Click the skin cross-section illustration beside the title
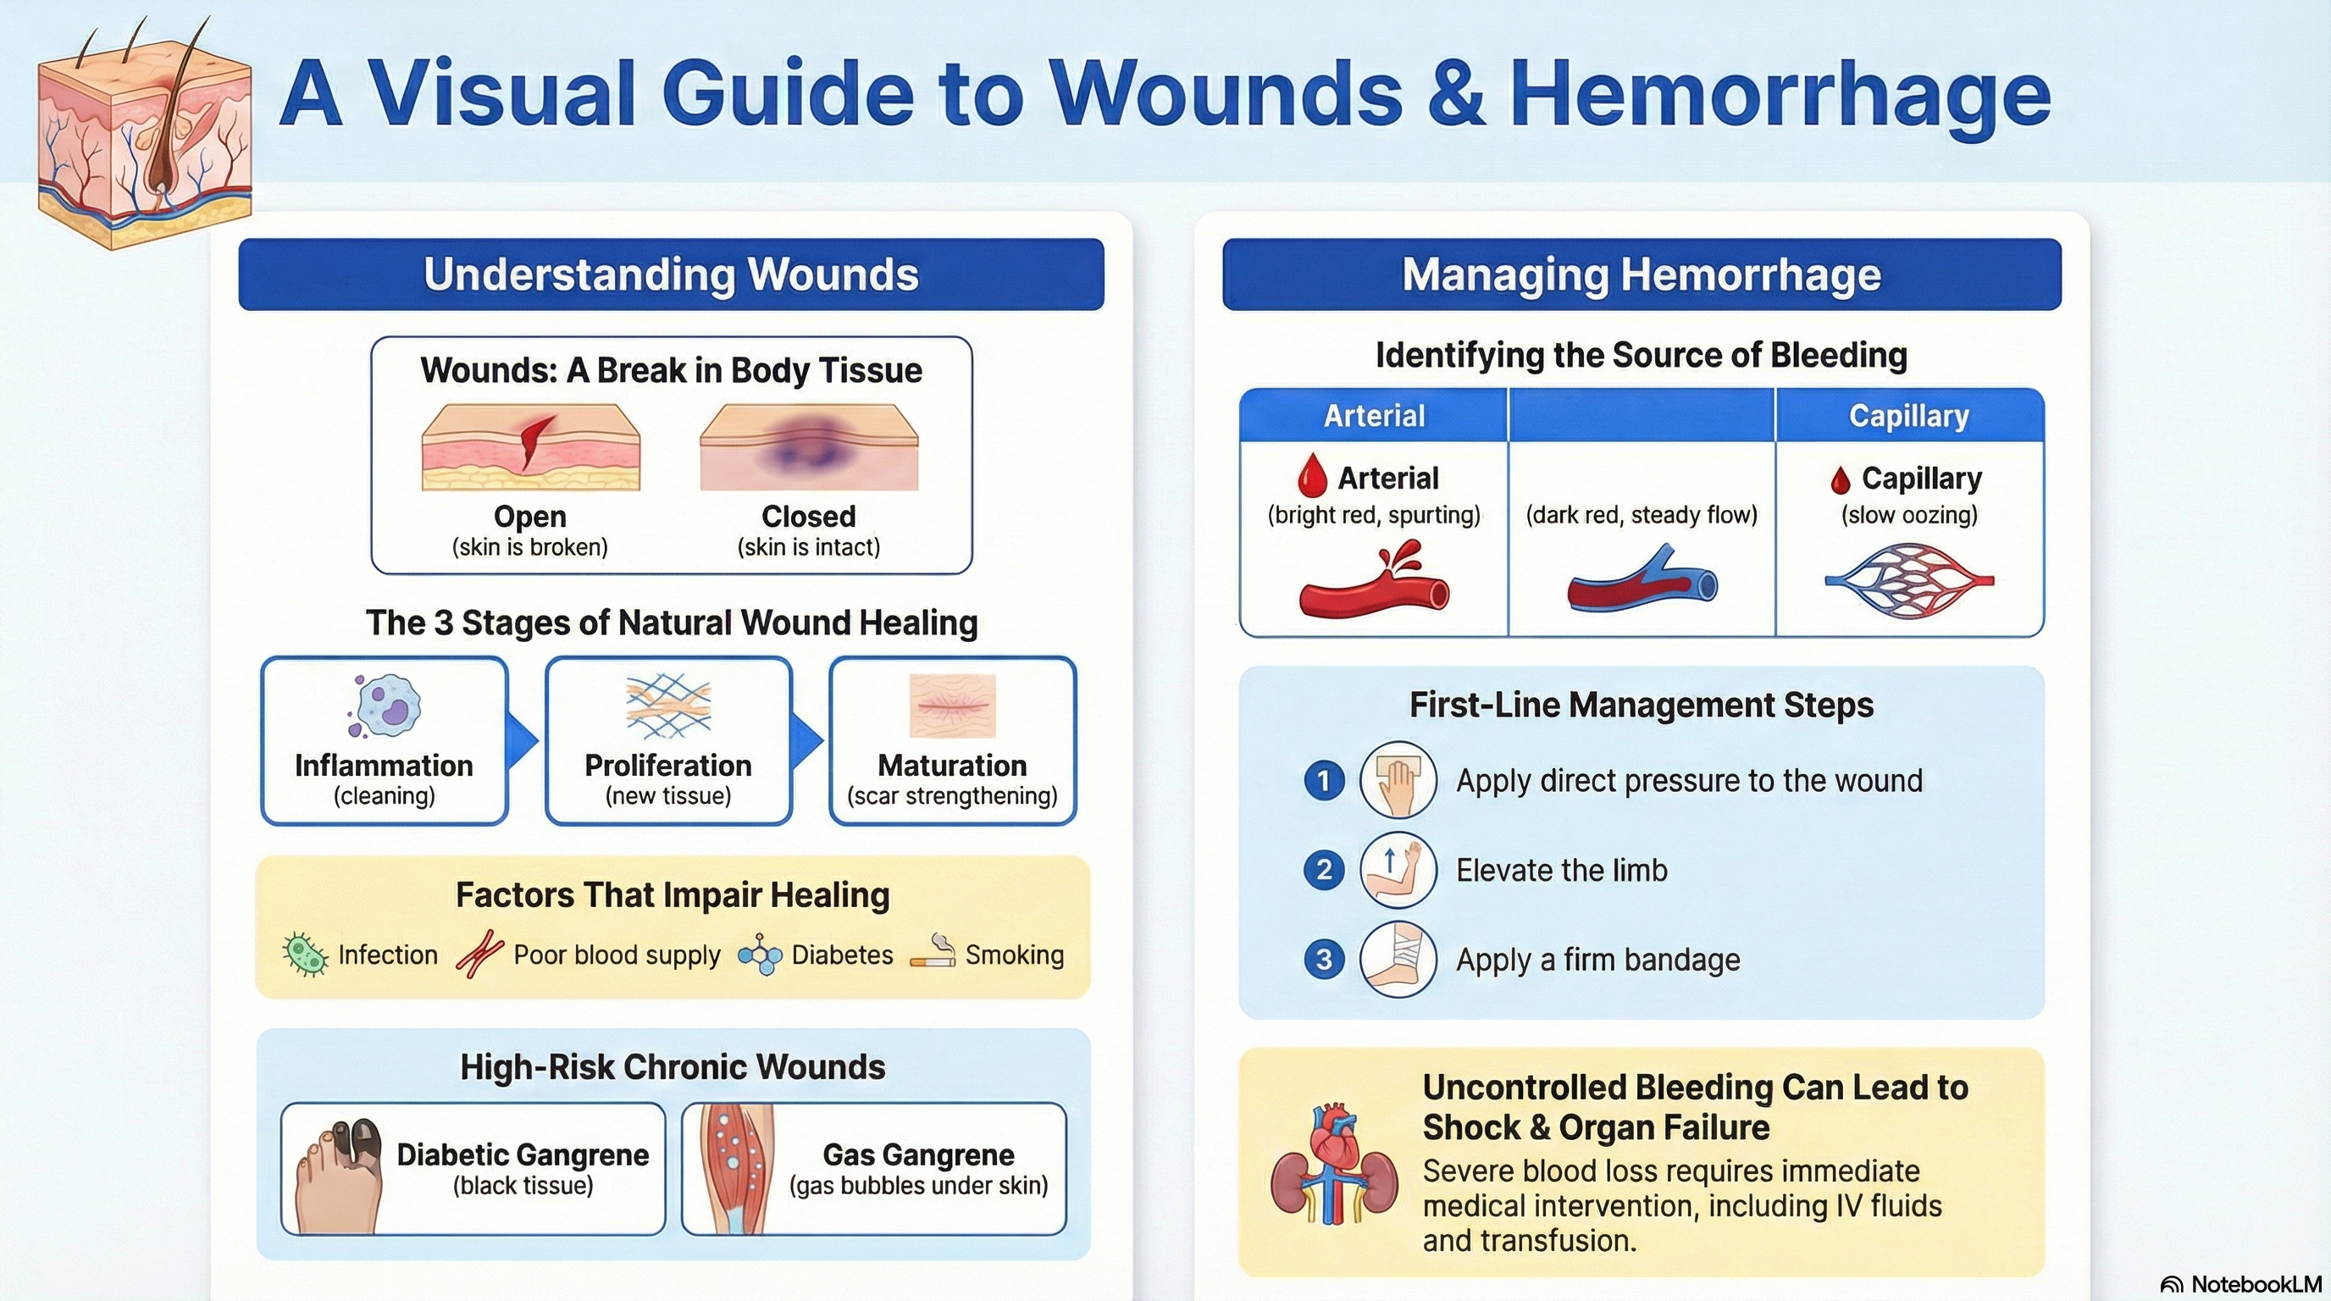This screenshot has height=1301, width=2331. coord(145,136)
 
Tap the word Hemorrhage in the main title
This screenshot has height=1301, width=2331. coord(1779,94)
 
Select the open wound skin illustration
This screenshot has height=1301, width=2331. coord(531,448)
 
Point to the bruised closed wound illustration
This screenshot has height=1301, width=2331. coord(809,448)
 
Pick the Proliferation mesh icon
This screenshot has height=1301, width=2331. coord(667,706)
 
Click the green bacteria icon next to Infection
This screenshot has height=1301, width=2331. coord(305,955)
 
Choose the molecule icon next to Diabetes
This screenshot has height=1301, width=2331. coord(760,955)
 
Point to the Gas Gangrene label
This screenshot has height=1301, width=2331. coord(917,1154)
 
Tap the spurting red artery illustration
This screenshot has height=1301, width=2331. coord(1374,581)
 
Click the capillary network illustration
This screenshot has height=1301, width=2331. coord(1909,581)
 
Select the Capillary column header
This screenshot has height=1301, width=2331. coord(1909,415)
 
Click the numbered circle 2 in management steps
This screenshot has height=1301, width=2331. coord(1324,871)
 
